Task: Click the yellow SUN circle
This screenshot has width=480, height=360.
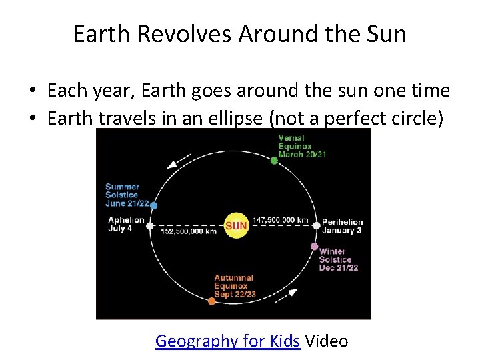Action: (236, 225)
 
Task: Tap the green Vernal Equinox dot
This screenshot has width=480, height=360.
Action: (274, 160)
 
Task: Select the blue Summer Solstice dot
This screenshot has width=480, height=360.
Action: (153, 205)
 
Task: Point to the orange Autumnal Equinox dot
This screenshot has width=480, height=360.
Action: (212, 301)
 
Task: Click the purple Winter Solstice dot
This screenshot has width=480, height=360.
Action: (314, 246)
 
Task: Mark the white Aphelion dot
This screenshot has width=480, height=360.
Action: (150, 225)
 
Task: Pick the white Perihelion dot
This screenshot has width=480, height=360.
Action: (316, 225)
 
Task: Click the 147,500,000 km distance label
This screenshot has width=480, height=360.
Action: (281, 219)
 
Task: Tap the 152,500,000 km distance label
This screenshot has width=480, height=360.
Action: (189, 231)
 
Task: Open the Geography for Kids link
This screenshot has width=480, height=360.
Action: (227, 341)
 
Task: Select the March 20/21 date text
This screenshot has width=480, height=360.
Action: (301, 154)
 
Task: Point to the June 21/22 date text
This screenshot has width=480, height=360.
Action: (127, 203)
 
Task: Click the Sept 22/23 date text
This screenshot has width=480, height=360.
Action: (235, 294)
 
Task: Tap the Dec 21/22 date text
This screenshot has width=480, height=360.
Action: (339, 267)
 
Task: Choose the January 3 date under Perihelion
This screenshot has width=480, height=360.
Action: (341, 231)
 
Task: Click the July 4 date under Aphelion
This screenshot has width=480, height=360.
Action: (120, 228)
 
